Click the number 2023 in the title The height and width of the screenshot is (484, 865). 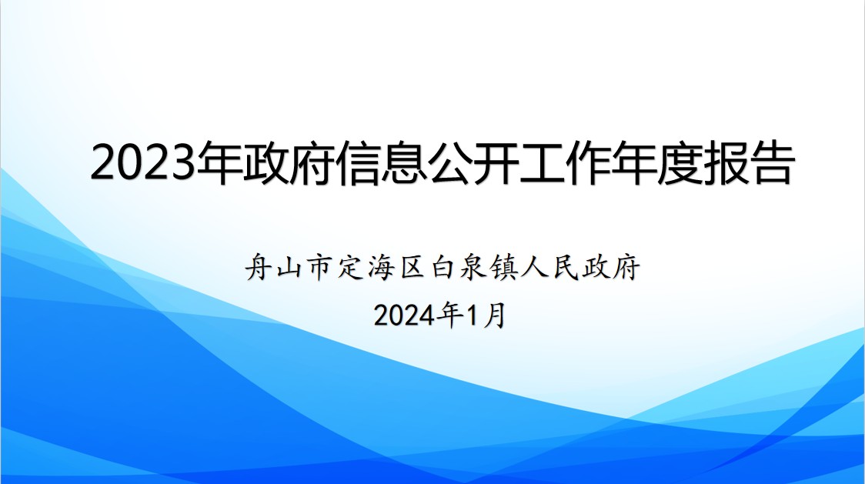[144, 163]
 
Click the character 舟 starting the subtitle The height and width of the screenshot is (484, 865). [259, 267]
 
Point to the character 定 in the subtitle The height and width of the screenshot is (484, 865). [352, 267]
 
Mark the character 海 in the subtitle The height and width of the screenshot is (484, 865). [382, 267]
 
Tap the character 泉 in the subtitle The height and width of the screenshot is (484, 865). [473, 267]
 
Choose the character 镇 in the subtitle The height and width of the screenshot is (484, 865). [504, 267]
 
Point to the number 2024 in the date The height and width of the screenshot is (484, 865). [404, 316]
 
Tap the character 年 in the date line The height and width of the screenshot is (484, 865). [449, 315]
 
